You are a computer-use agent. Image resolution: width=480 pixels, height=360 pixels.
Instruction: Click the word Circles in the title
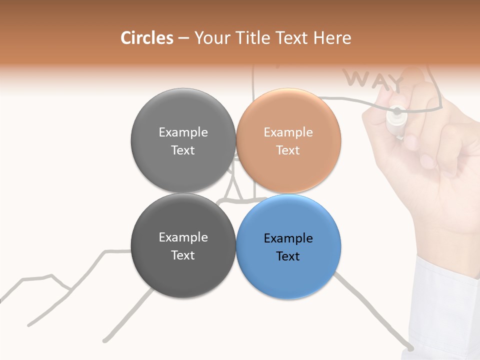[146, 38]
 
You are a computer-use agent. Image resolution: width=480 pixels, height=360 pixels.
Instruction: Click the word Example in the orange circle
[288, 132]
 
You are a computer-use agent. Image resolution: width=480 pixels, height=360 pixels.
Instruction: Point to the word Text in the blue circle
[288, 256]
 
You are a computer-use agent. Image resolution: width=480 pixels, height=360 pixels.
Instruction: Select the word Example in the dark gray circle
[183, 237]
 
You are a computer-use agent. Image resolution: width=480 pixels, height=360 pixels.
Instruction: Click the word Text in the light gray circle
[183, 150]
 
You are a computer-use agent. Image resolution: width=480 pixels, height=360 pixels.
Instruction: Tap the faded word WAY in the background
[374, 80]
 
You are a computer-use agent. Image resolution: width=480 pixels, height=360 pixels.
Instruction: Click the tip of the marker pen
[397, 111]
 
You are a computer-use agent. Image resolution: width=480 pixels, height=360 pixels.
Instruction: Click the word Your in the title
[210, 38]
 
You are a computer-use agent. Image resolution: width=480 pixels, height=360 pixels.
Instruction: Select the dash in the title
[183, 38]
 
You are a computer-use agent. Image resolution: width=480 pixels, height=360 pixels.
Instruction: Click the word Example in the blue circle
[288, 238]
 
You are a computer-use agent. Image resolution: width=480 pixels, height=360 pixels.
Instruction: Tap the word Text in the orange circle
[288, 150]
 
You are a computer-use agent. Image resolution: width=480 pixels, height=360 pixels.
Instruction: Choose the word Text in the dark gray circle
[183, 255]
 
